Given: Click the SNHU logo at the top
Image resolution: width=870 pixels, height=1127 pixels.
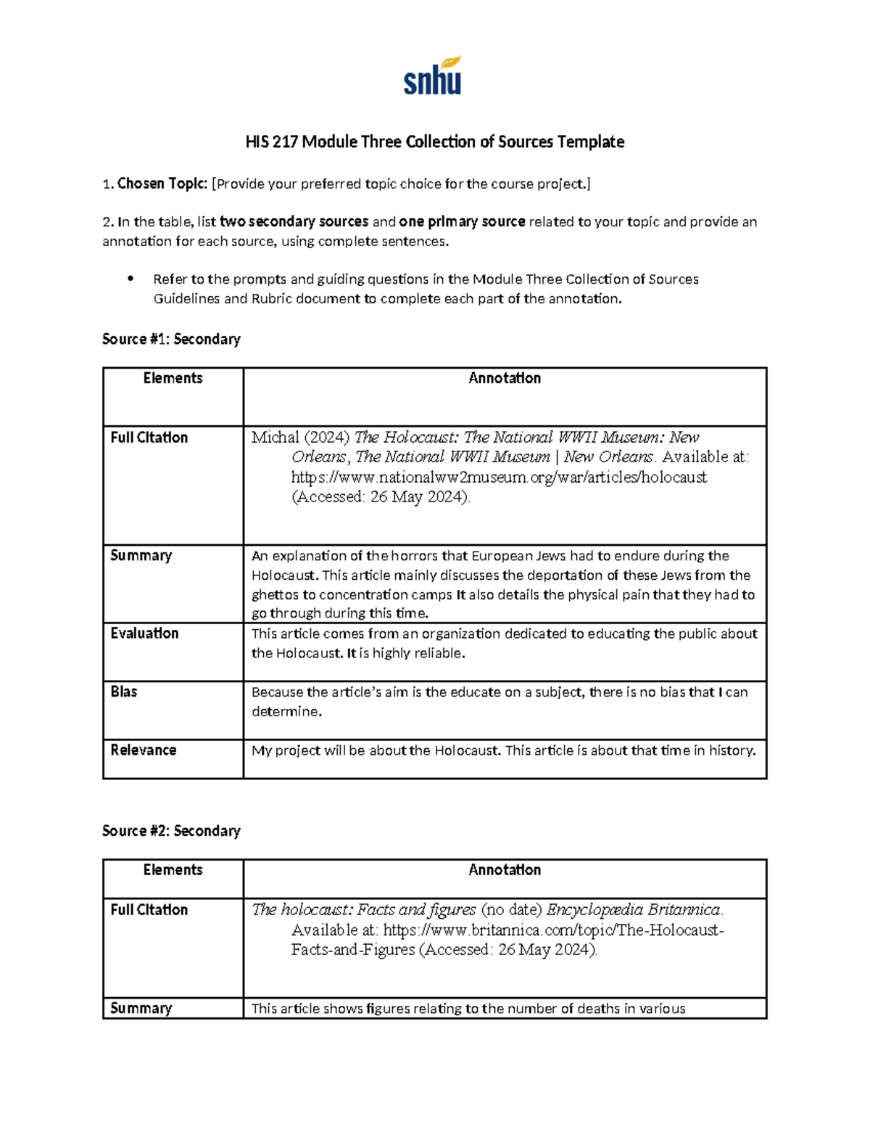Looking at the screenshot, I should click(x=433, y=76).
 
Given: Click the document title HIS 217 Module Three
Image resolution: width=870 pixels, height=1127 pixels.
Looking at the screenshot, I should click(x=434, y=142).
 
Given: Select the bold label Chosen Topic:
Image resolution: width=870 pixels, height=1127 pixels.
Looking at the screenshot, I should click(x=162, y=184).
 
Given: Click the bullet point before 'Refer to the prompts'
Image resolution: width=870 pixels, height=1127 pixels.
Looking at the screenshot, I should click(x=130, y=279).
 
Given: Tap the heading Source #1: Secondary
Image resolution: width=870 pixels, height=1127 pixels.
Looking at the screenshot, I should click(x=171, y=339).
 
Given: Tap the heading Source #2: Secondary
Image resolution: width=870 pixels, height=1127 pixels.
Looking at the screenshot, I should click(x=171, y=831).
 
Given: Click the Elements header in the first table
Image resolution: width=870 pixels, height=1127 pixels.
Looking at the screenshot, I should click(x=173, y=378).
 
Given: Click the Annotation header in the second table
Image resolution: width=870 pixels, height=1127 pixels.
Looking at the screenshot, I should click(x=505, y=870).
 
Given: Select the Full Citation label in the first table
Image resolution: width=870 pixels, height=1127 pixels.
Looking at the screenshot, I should click(x=149, y=438).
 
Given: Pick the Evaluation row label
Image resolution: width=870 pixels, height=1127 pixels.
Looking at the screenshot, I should click(x=144, y=634).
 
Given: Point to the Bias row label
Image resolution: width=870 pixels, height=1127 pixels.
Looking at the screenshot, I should click(x=123, y=692).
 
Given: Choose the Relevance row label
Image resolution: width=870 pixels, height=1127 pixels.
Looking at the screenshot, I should click(x=143, y=750).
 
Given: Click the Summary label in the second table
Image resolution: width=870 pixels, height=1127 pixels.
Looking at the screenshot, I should click(x=141, y=1008).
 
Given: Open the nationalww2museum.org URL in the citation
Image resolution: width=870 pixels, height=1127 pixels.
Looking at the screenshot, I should click(x=499, y=478).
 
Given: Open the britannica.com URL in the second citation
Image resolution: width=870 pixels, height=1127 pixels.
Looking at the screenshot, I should click(x=552, y=930).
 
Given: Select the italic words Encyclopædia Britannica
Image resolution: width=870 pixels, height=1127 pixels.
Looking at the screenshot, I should click(x=634, y=910).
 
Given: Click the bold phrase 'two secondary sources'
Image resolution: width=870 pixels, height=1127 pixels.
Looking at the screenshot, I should click(x=294, y=222).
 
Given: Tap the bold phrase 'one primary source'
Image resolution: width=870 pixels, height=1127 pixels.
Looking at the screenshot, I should click(x=462, y=222).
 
